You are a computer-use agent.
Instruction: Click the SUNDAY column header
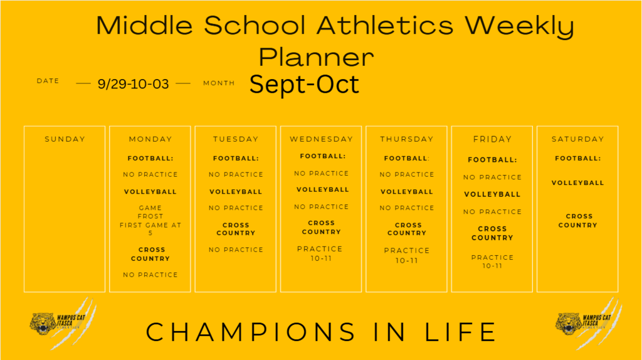tap(65, 139)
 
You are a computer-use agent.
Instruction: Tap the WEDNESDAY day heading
tap(322, 139)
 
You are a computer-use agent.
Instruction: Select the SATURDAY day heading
tap(577, 139)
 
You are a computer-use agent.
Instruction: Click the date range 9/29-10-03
tap(133, 84)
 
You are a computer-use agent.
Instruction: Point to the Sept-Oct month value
tap(304, 84)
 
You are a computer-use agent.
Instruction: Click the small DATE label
tap(48, 81)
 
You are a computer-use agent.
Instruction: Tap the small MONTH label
tap(219, 83)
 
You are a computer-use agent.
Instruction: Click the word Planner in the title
tap(316, 56)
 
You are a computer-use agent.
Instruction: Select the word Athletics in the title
tap(386, 25)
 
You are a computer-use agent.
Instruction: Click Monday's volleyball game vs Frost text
tap(150, 220)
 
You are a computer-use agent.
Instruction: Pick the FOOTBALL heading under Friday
tap(492, 160)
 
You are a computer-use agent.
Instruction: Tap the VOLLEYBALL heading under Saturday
tap(577, 183)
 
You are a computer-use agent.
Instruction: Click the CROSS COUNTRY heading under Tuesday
tap(236, 229)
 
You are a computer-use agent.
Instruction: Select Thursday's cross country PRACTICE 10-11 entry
tap(406, 255)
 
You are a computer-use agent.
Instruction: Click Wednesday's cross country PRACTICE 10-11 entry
tap(320, 253)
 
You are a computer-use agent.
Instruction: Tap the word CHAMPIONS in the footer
tap(251, 332)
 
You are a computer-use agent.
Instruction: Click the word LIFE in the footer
tap(461, 332)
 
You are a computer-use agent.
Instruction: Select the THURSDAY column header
tap(406, 139)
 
